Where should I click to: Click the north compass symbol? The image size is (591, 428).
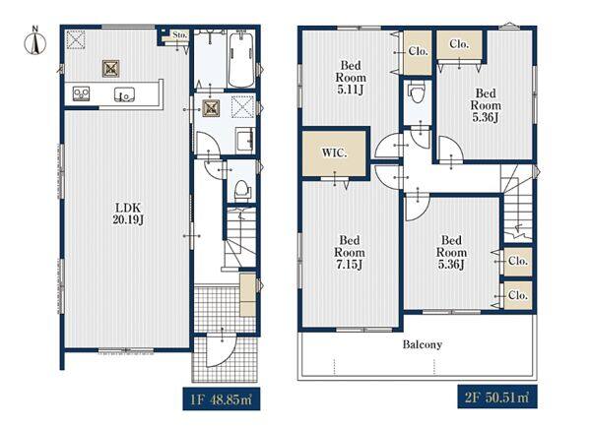pos(35,41)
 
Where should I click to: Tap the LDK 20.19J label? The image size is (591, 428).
pos(128,214)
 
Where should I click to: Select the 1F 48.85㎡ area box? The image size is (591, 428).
pos(222,398)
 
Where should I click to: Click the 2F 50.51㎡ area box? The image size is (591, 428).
pos(497,397)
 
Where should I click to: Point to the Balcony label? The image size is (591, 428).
pos(423,344)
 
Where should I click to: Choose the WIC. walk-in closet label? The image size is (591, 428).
pos(334,153)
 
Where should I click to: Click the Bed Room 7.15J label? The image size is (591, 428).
pos(350,253)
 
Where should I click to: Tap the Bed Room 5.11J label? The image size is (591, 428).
pos(351,77)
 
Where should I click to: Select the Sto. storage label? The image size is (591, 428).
pos(180,34)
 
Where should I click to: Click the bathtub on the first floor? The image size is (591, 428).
pos(241,59)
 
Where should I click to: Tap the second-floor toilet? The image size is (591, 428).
pos(416,92)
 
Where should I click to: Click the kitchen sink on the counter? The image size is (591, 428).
pos(124,94)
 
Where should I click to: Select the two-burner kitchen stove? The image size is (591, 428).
pos(81,93)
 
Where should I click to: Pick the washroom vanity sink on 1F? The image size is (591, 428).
pos(245,140)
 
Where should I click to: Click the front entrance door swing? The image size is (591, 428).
pos(222,349)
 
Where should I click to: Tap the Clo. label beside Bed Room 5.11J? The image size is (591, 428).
pos(418,51)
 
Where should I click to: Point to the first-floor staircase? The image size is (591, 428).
pos(240,238)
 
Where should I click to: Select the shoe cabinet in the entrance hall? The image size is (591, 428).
pos(247,295)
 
